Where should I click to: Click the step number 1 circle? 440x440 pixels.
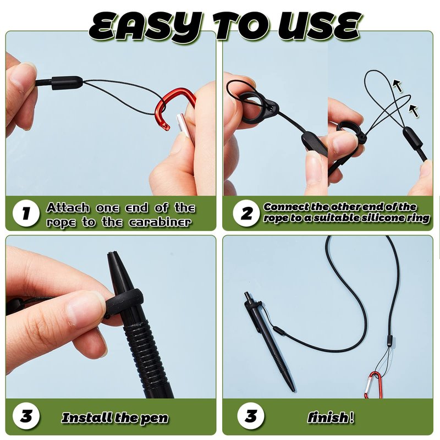coord(26,213)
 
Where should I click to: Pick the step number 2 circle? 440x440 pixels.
coord(246,213)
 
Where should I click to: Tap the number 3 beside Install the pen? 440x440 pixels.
coord(26,416)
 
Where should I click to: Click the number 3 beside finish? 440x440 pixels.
coord(251,416)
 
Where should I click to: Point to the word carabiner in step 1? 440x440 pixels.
coord(160,222)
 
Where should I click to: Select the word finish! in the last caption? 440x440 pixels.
coord(331,417)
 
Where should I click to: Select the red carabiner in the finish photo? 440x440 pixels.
coord(373,384)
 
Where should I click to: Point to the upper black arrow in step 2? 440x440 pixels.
coord(398,85)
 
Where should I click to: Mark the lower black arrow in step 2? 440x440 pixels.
coord(414,111)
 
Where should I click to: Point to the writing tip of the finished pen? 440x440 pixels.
coord(294,391)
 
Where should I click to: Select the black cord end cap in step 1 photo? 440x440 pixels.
coord(67,83)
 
